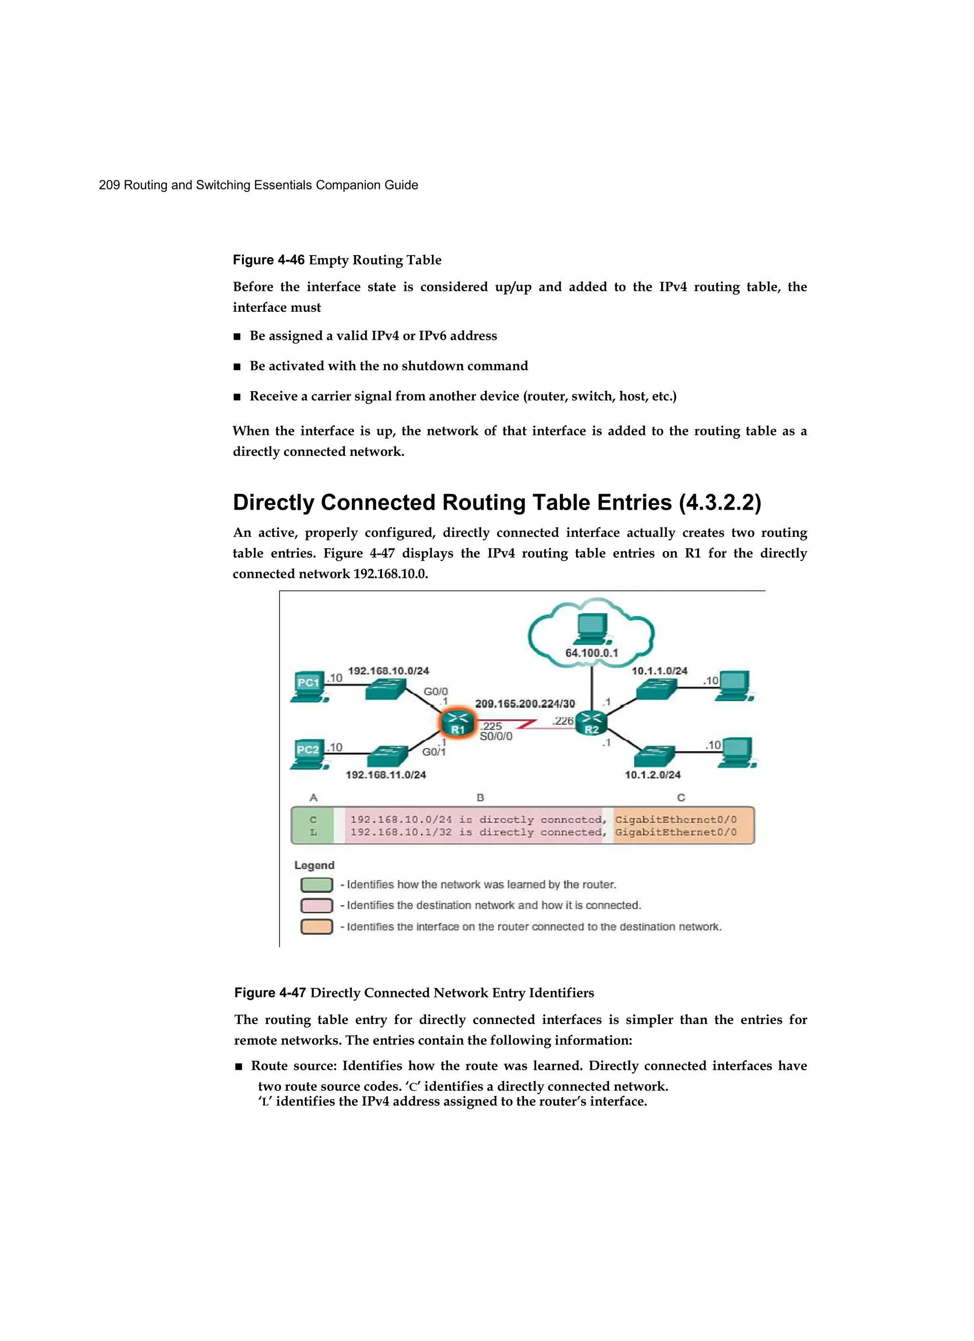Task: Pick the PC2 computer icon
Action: click(309, 753)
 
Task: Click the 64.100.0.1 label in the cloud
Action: click(591, 653)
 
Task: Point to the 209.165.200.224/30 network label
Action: click(525, 704)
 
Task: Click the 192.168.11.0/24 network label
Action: click(385, 775)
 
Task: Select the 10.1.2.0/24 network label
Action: click(653, 775)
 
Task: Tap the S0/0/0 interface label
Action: click(496, 737)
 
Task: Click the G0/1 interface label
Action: click(434, 752)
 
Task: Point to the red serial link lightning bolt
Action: click(526, 723)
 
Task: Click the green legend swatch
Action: click(316, 885)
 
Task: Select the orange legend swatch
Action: click(316, 927)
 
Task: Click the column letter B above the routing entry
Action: click(480, 798)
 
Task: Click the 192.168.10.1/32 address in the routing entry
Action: click(401, 832)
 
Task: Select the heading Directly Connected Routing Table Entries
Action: click(497, 503)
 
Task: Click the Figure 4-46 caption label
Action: click(268, 260)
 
